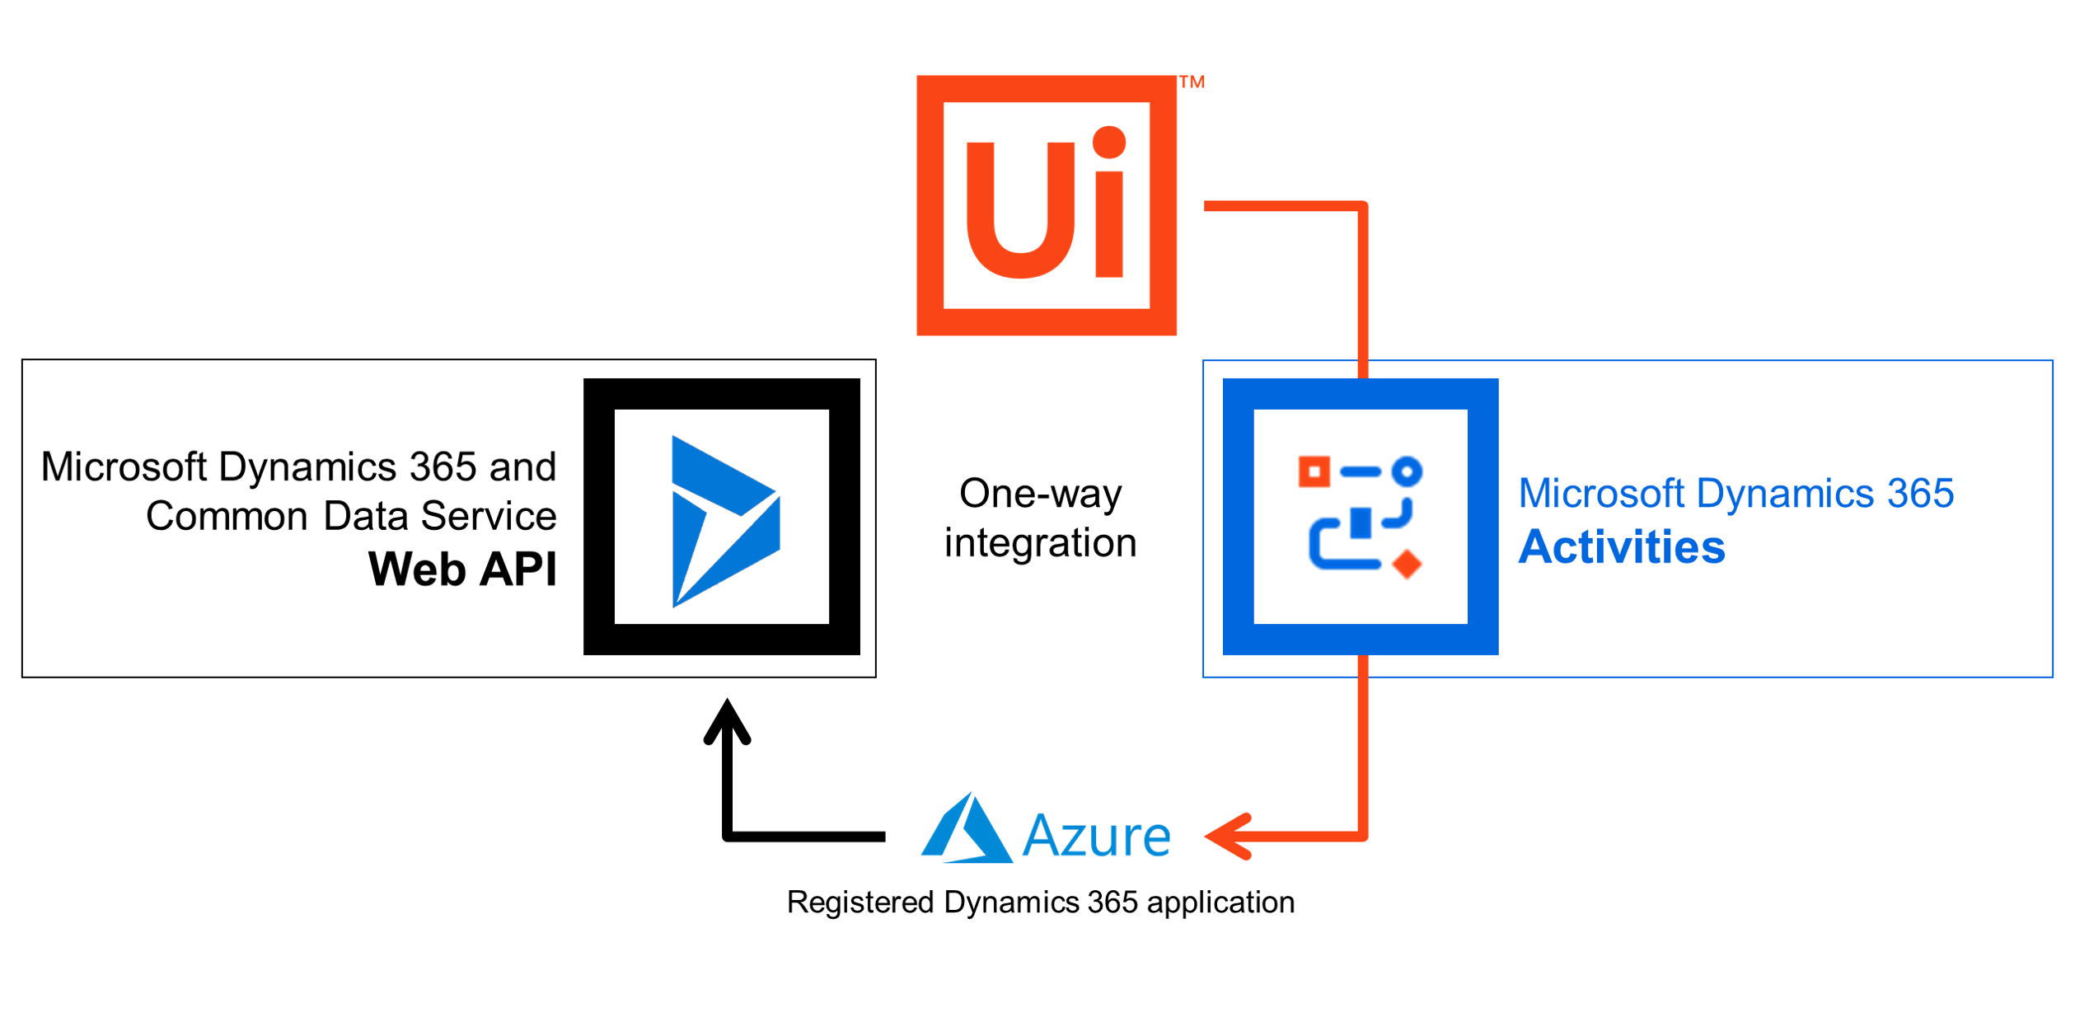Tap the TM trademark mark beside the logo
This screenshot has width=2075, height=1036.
pyautogui.click(x=1192, y=82)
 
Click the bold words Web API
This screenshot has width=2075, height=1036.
pyautogui.click(x=462, y=569)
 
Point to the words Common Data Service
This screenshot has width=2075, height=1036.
pyautogui.click(x=351, y=516)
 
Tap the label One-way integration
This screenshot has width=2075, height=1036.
pyautogui.click(x=1040, y=518)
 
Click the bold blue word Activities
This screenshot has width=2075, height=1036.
pyautogui.click(x=1622, y=547)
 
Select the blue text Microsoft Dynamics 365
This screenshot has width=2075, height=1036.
pyautogui.click(x=1736, y=493)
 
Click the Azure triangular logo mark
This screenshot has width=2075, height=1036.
pyautogui.click(x=967, y=828)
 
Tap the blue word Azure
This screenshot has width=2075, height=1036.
pyautogui.click(x=1096, y=836)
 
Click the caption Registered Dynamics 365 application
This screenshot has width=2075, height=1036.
pyautogui.click(x=1041, y=902)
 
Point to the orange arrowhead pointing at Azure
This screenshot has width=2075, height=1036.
pyautogui.click(x=1229, y=837)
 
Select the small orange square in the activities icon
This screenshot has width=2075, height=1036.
pyautogui.click(x=1314, y=472)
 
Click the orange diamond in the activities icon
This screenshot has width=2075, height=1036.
pyautogui.click(x=1407, y=564)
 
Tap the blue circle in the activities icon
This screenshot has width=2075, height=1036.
pyautogui.click(x=1407, y=472)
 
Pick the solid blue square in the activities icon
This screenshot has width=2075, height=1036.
pyautogui.click(x=1361, y=523)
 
